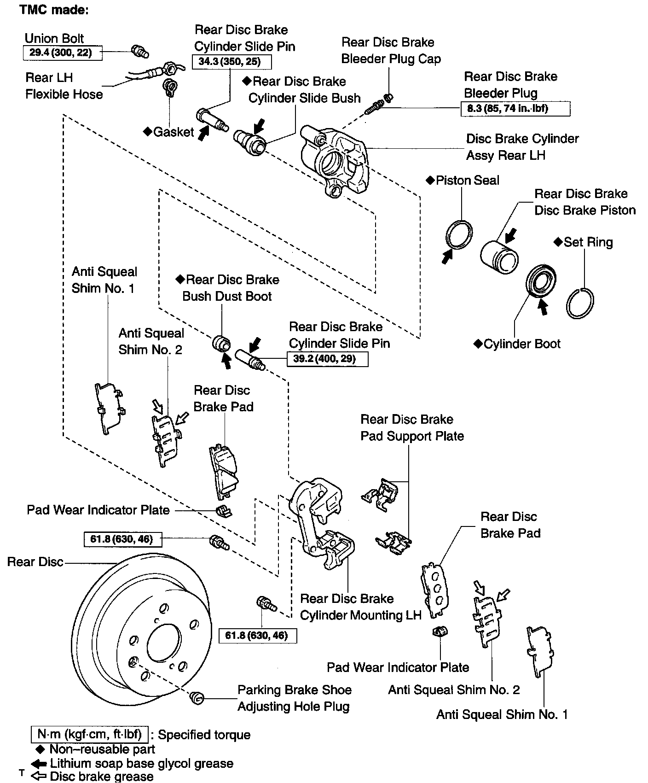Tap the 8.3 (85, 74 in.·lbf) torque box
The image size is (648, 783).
[x=515, y=109]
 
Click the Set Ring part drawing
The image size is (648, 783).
[x=580, y=302]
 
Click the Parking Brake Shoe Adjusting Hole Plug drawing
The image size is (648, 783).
[x=197, y=698]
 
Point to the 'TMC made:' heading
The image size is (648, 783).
[x=54, y=10]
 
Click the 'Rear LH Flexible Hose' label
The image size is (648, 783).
[x=64, y=86]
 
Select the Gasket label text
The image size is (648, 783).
[x=173, y=132]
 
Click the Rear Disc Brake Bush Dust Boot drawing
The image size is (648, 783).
[x=221, y=343]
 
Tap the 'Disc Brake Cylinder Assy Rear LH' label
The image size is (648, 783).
[x=522, y=147]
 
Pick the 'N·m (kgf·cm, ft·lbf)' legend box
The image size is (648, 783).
[x=89, y=734]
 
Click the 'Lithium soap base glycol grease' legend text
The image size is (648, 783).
[x=141, y=763]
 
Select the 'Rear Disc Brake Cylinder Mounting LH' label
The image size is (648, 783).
[x=360, y=607]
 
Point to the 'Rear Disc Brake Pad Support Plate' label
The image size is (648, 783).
[x=412, y=428]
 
